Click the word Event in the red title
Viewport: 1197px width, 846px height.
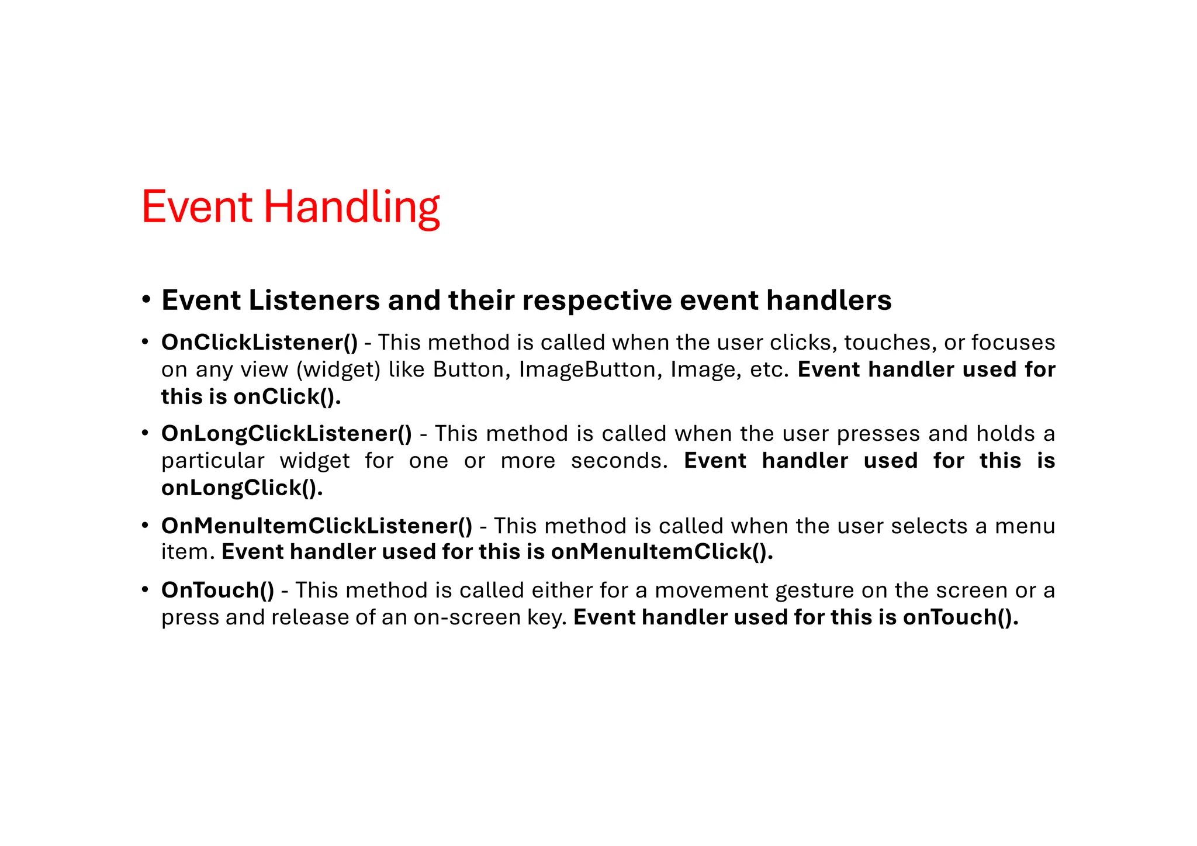pyautogui.click(x=196, y=207)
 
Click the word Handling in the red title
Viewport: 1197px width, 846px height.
pyautogui.click(x=351, y=208)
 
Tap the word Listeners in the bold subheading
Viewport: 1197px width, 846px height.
pyautogui.click(x=315, y=301)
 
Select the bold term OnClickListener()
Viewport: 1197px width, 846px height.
pyautogui.click(x=259, y=343)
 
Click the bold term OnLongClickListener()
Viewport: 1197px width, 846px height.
pyautogui.click(x=286, y=434)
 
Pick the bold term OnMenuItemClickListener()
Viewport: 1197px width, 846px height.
pyautogui.click(x=316, y=526)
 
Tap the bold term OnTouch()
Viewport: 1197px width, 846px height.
pyautogui.click(x=217, y=590)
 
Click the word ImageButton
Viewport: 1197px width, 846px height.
pyautogui.click(x=590, y=370)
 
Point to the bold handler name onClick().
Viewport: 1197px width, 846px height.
pyautogui.click(x=287, y=397)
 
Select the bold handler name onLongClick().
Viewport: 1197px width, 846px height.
pyautogui.click(x=242, y=488)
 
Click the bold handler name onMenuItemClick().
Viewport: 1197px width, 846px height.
pyautogui.click(x=662, y=552)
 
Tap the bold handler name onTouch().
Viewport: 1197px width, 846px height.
pyautogui.click(x=960, y=617)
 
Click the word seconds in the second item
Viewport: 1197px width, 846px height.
pyautogui.click(x=619, y=461)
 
